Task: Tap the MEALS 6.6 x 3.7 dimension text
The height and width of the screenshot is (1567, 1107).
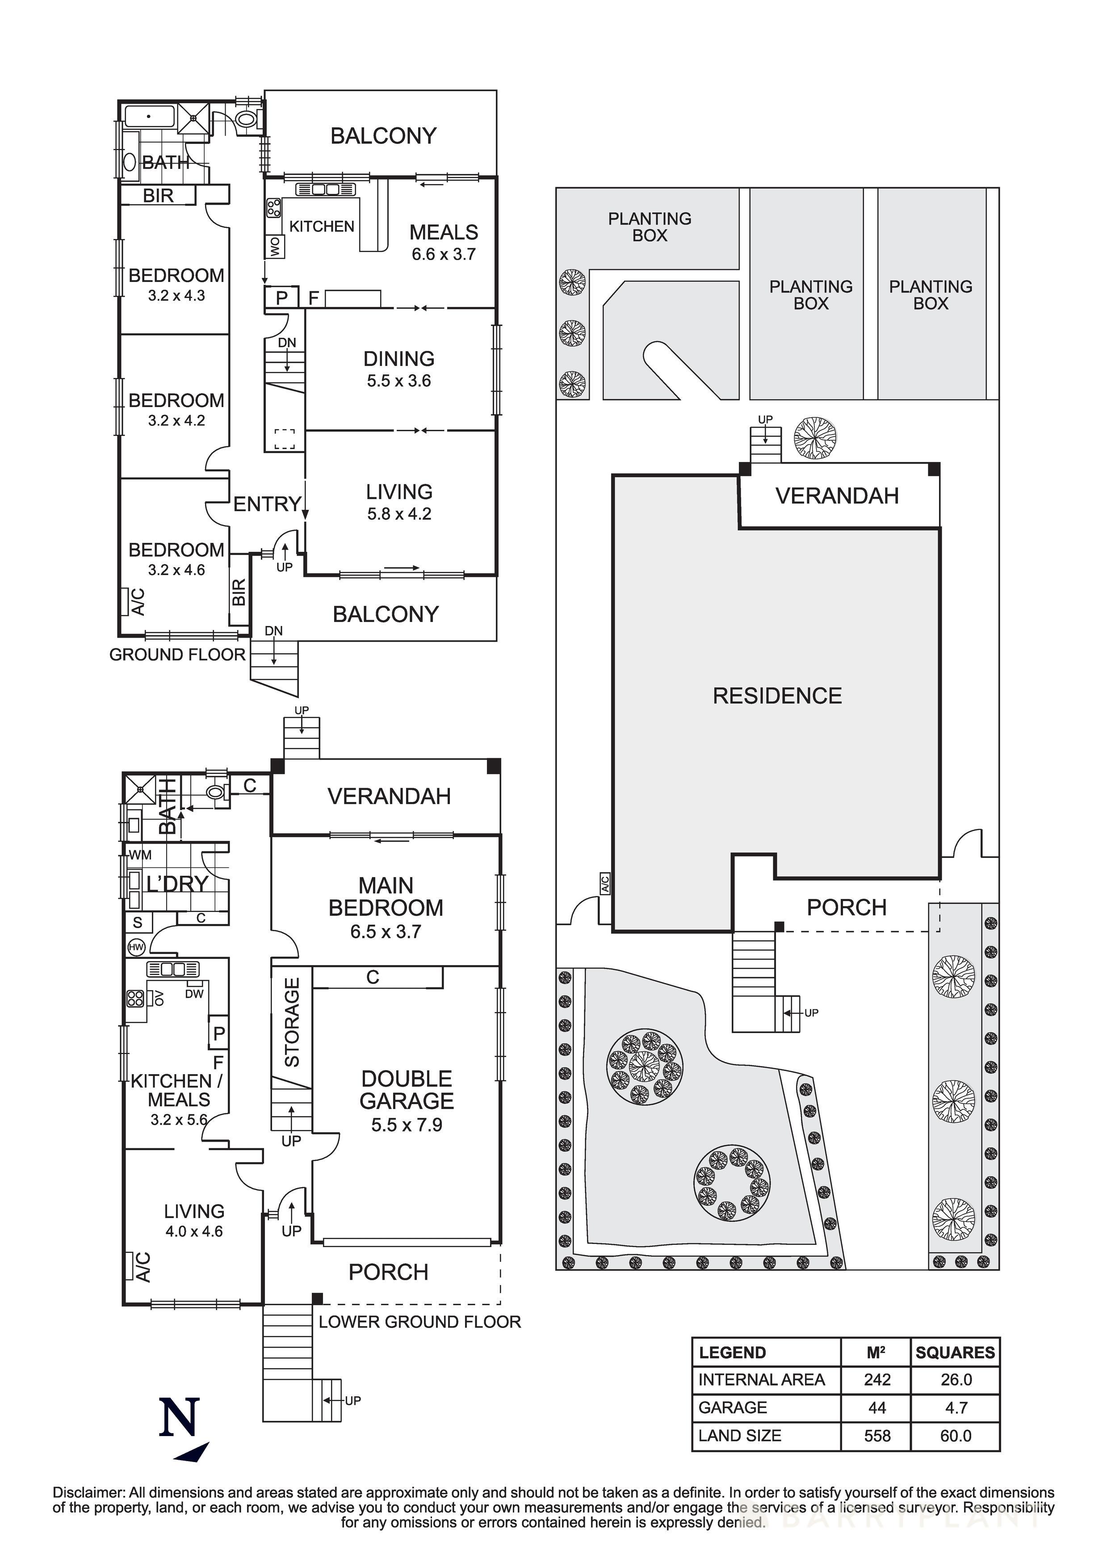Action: (x=443, y=255)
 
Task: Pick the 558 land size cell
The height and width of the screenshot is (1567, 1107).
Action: (x=877, y=1436)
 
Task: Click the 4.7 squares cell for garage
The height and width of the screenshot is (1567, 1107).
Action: (x=956, y=1407)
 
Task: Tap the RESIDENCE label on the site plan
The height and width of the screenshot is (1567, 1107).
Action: (x=777, y=696)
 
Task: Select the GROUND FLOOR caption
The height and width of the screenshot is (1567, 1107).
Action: (x=177, y=655)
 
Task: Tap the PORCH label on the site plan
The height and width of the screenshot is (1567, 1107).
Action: (x=846, y=907)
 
